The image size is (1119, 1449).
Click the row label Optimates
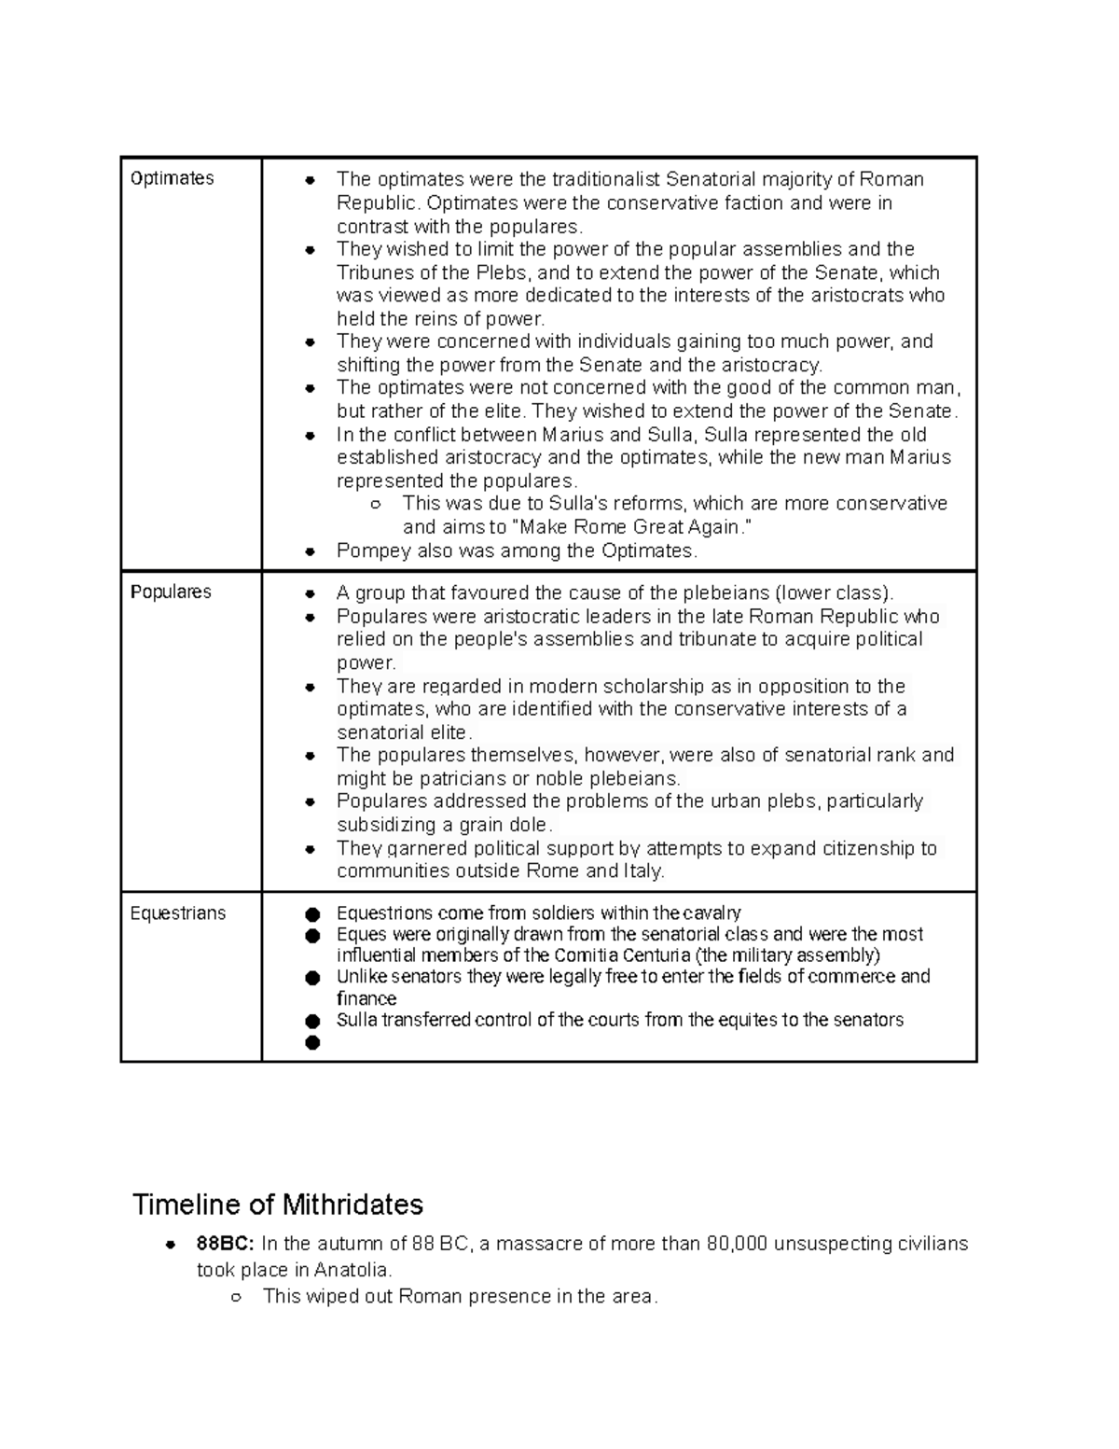[173, 178]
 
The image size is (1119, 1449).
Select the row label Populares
[172, 592]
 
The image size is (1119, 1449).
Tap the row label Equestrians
[178, 913]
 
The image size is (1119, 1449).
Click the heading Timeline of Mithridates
[278, 1205]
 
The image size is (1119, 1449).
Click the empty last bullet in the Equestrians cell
[312, 1042]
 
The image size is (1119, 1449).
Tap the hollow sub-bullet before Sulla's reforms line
[376, 505]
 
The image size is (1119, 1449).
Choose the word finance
[366, 998]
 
